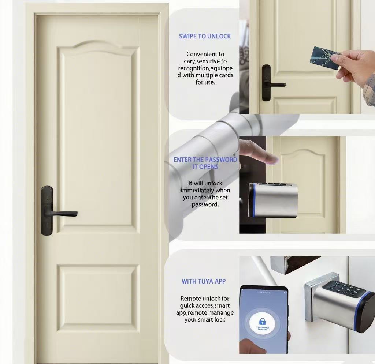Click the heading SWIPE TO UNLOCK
point(205,36)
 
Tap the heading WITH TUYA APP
point(204,281)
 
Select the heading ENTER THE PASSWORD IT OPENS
point(205,163)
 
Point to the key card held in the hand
point(324,58)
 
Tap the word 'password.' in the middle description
point(205,204)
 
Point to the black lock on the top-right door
point(267,83)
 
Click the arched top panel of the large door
point(99,135)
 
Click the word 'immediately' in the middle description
point(205,190)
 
